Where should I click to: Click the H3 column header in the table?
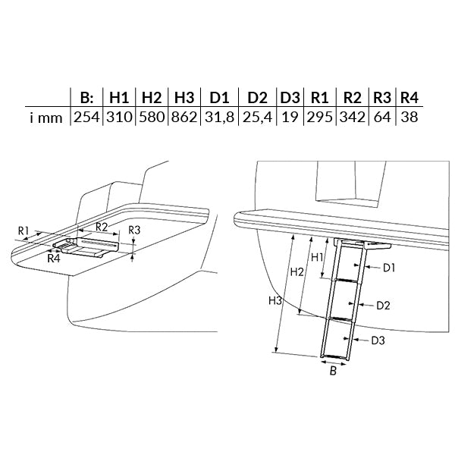point(184,98)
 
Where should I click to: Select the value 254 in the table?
point(86,118)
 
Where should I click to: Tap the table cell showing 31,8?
point(219,118)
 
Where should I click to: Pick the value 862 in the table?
point(184,118)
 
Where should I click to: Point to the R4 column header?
point(409,98)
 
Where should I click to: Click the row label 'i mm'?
point(46,118)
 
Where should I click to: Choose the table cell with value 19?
point(290,118)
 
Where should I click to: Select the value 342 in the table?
point(353,118)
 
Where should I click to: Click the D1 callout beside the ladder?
point(389,268)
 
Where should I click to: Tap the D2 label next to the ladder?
point(383,306)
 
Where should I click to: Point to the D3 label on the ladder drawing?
point(378,340)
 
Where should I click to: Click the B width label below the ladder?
point(334,371)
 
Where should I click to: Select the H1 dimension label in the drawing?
point(317,257)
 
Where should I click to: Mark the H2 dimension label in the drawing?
point(297,272)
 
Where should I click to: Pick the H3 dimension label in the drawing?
point(275,300)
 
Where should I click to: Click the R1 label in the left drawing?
point(24,231)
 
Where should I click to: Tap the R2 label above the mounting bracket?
point(102,227)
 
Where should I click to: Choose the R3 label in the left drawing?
point(134,231)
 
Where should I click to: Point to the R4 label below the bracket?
point(54,258)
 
